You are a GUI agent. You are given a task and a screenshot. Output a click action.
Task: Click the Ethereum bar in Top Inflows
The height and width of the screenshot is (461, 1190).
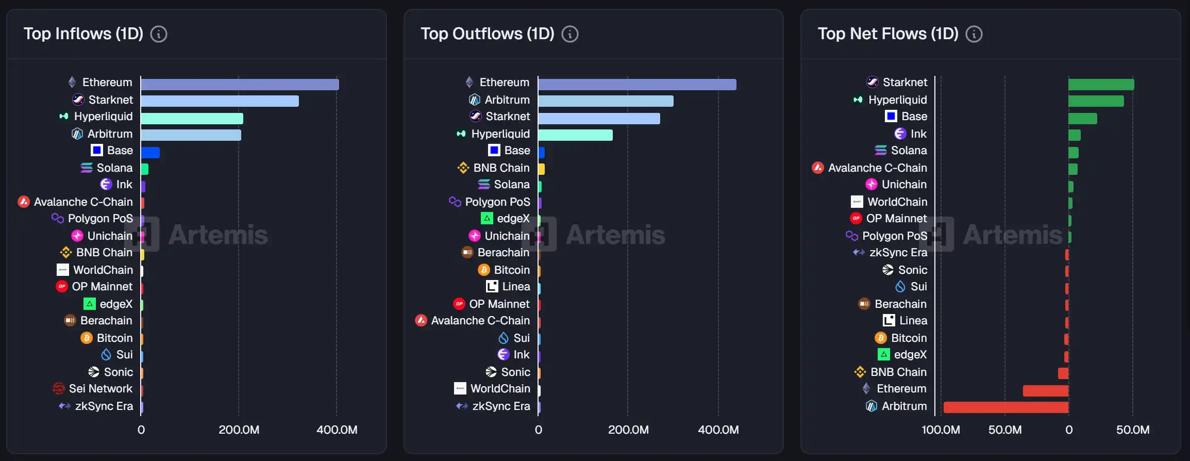click(240, 85)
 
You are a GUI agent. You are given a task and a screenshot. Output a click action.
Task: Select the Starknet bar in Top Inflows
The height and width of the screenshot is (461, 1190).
click(220, 101)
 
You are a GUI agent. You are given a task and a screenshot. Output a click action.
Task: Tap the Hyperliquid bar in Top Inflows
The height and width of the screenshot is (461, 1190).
click(192, 119)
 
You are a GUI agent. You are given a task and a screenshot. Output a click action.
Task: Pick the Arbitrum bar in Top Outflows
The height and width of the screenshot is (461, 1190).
click(606, 101)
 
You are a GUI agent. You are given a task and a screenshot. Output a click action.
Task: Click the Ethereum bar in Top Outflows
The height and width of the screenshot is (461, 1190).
click(637, 85)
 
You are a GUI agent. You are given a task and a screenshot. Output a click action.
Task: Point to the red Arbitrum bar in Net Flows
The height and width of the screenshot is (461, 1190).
click(1005, 407)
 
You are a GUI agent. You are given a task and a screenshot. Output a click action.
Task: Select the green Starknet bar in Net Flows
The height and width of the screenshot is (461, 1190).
click(1101, 85)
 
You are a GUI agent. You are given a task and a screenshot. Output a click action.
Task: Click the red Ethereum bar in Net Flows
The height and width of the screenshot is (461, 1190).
click(1045, 390)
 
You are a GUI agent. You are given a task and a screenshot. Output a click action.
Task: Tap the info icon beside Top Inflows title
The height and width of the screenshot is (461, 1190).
click(159, 35)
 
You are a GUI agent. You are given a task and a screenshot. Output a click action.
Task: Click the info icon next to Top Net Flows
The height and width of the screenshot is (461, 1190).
click(974, 35)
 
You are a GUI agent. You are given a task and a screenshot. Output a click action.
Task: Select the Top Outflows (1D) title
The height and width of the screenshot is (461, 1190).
click(487, 34)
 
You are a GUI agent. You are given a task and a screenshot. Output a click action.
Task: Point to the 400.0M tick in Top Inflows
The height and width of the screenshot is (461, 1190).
click(337, 430)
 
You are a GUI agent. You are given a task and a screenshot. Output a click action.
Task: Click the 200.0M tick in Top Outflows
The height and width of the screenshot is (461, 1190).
click(628, 430)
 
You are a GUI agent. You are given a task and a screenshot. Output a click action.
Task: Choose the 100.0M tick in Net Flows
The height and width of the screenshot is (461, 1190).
click(941, 430)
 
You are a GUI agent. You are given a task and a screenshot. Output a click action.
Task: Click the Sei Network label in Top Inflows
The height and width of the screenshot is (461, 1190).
click(100, 389)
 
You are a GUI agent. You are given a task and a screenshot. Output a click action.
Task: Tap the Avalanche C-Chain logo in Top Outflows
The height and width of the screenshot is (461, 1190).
click(421, 321)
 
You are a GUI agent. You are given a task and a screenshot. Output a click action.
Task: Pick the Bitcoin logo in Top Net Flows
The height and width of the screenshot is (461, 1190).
click(881, 338)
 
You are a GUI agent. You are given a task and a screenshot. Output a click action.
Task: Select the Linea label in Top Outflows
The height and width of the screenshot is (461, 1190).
click(516, 287)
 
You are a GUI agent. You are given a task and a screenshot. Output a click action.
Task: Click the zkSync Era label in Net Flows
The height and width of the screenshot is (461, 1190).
click(898, 253)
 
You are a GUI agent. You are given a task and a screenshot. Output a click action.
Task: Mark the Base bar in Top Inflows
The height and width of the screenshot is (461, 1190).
click(150, 153)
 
